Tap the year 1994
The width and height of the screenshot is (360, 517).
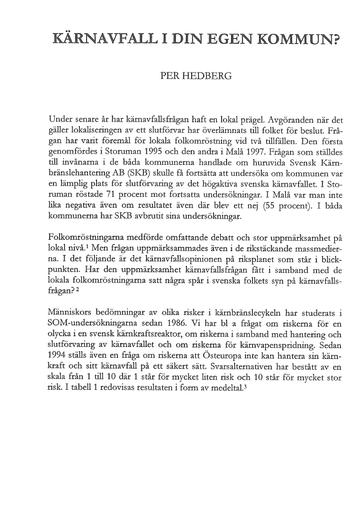pyautogui.click(x=59, y=353)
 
